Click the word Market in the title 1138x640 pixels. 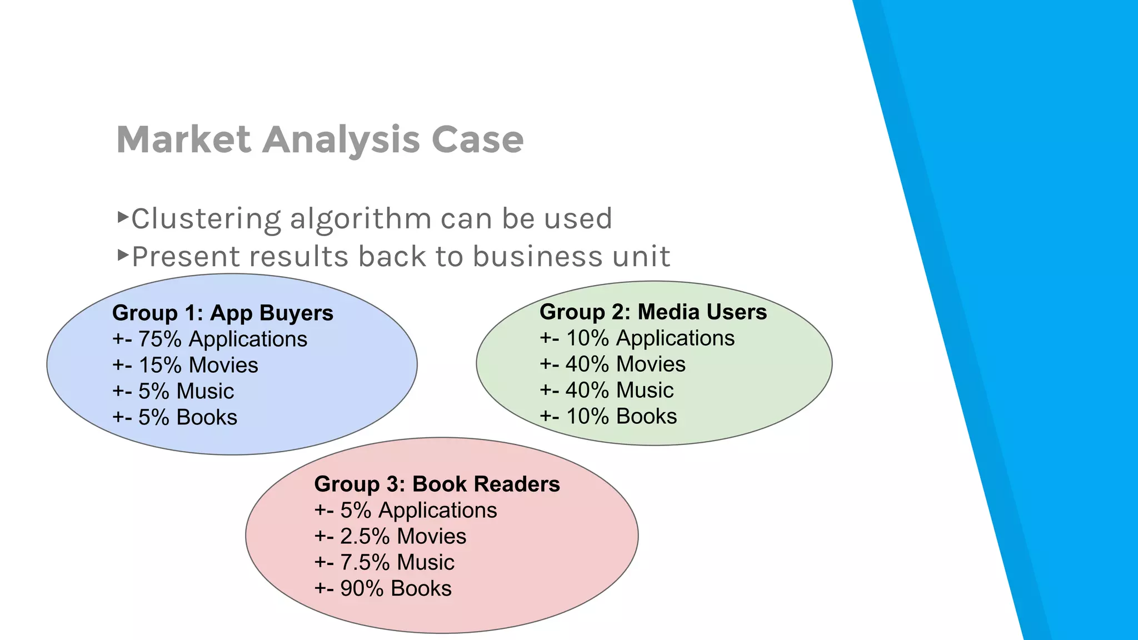[184, 139]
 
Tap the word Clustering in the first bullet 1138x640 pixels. [206, 219]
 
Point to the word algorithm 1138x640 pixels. [361, 219]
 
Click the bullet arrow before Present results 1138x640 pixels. [123, 256]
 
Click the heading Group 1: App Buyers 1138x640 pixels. [222, 313]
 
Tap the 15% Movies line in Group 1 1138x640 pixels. [185, 366]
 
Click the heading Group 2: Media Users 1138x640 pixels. [653, 312]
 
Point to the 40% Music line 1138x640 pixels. [606, 391]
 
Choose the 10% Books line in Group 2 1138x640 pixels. [608, 417]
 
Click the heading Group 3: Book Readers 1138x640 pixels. [437, 484]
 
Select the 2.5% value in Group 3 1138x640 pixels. [365, 537]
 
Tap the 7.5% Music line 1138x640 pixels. [384, 563]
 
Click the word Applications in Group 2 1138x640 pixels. [675, 338]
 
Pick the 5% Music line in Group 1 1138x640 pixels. [173, 392]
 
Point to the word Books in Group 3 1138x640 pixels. [421, 589]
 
